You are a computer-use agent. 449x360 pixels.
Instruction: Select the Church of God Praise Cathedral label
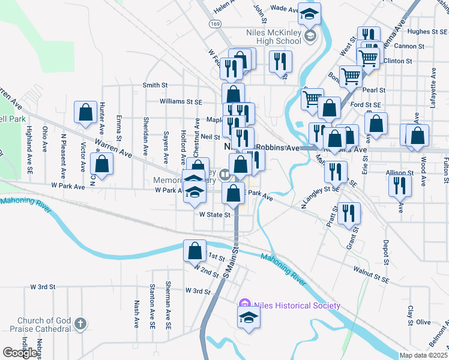[x=43, y=325]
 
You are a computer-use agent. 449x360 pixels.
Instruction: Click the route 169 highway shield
[x=215, y=23]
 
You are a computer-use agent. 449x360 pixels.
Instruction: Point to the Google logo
[x=20, y=353]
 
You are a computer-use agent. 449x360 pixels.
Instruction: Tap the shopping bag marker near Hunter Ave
[x=86, y=112]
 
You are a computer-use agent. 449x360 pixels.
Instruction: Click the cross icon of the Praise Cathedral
[x=80, y=325]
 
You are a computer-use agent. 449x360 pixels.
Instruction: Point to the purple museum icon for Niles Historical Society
[x=244, y=305]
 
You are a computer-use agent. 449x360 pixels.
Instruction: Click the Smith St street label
[x=155, y=85]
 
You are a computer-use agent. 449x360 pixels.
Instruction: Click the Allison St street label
[x=400, y=172]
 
